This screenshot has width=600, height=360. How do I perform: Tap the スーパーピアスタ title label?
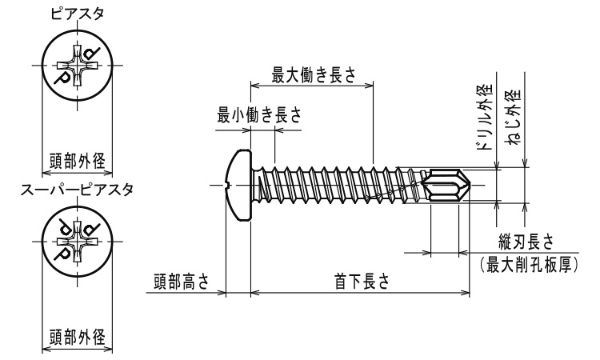(x=77, y=190)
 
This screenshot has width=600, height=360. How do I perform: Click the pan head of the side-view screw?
(x=238, y=185)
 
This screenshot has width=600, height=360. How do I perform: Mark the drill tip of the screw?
(x=458, y=186)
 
